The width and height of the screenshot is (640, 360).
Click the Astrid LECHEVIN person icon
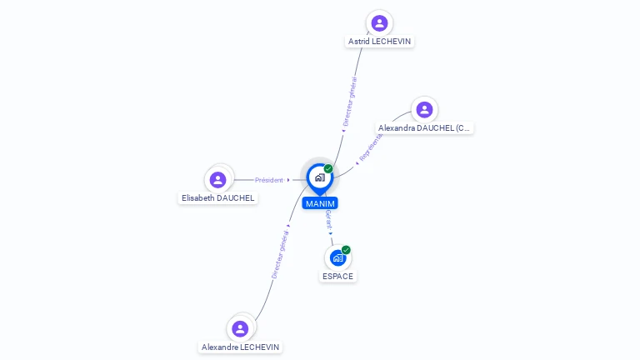(x=379, y=22)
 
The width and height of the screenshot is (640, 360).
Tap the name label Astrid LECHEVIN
(x=379, y=42)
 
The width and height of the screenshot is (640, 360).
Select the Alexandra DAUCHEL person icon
(x=424, y=109)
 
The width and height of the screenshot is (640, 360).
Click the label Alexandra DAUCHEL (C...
(x=424, y=128)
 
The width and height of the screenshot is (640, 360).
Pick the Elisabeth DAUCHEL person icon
(x=218, y=179)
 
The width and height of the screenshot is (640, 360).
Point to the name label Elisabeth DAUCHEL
(x=218, y=198)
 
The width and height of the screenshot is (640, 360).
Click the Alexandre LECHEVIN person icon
(x=240, y=328)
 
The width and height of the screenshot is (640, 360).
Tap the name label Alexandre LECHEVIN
(x=241, y=347)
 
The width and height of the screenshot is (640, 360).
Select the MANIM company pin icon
(x=319, y=177)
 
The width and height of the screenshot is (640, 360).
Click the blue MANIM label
(x=320, y=203)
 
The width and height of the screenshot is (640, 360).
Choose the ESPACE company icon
(x=337, y=257)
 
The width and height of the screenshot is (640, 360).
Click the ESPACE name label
(x=337, y=277)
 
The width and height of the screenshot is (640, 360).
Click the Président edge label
(x=269, y=180)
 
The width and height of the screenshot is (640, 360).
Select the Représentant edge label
(x=370, y=147)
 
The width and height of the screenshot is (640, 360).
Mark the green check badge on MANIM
(x=328, y=169)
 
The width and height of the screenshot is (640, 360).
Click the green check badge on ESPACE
(x=346, y=250)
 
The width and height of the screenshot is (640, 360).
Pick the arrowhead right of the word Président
(x=288, y=180)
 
